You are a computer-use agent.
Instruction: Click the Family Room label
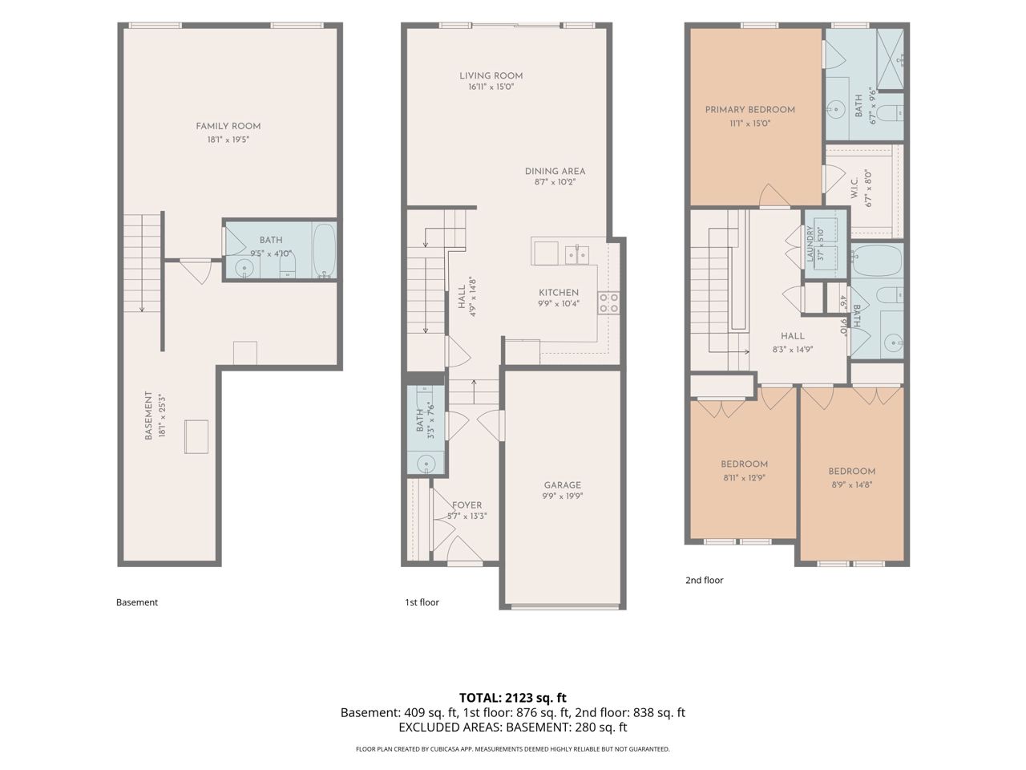tap(228, 126)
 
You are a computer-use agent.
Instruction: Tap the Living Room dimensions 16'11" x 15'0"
tap(491, 87)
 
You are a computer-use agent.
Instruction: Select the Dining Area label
tap(555, 171)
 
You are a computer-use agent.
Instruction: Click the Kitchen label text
tap(559, 292)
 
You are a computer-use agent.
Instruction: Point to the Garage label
tap(563, 485)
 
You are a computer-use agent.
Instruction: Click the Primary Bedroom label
tap(749, 110)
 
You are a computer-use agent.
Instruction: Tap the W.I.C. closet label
tap(854, 188)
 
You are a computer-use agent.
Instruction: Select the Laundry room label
tap(810, 244)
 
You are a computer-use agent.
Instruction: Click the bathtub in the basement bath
tap(325, 250)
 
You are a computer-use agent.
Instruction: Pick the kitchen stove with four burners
tap(608, 302)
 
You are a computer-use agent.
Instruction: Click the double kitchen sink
tap(577, 255)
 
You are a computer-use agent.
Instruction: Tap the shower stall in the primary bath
tap(890, 59)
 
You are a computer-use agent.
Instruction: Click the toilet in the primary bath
tap(892, 113)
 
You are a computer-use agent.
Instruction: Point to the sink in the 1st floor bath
tap(426, 464)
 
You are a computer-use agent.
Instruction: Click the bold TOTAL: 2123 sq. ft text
tap(513, 698)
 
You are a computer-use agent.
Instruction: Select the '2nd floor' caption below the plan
tap(704, 580)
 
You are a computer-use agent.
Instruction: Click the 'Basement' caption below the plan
tap(137, 602)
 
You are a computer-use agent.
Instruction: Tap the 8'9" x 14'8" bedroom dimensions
tap(851, 484)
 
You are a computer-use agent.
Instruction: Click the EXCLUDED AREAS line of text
tap(513, 727)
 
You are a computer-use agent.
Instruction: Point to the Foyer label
tap(467, 505)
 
